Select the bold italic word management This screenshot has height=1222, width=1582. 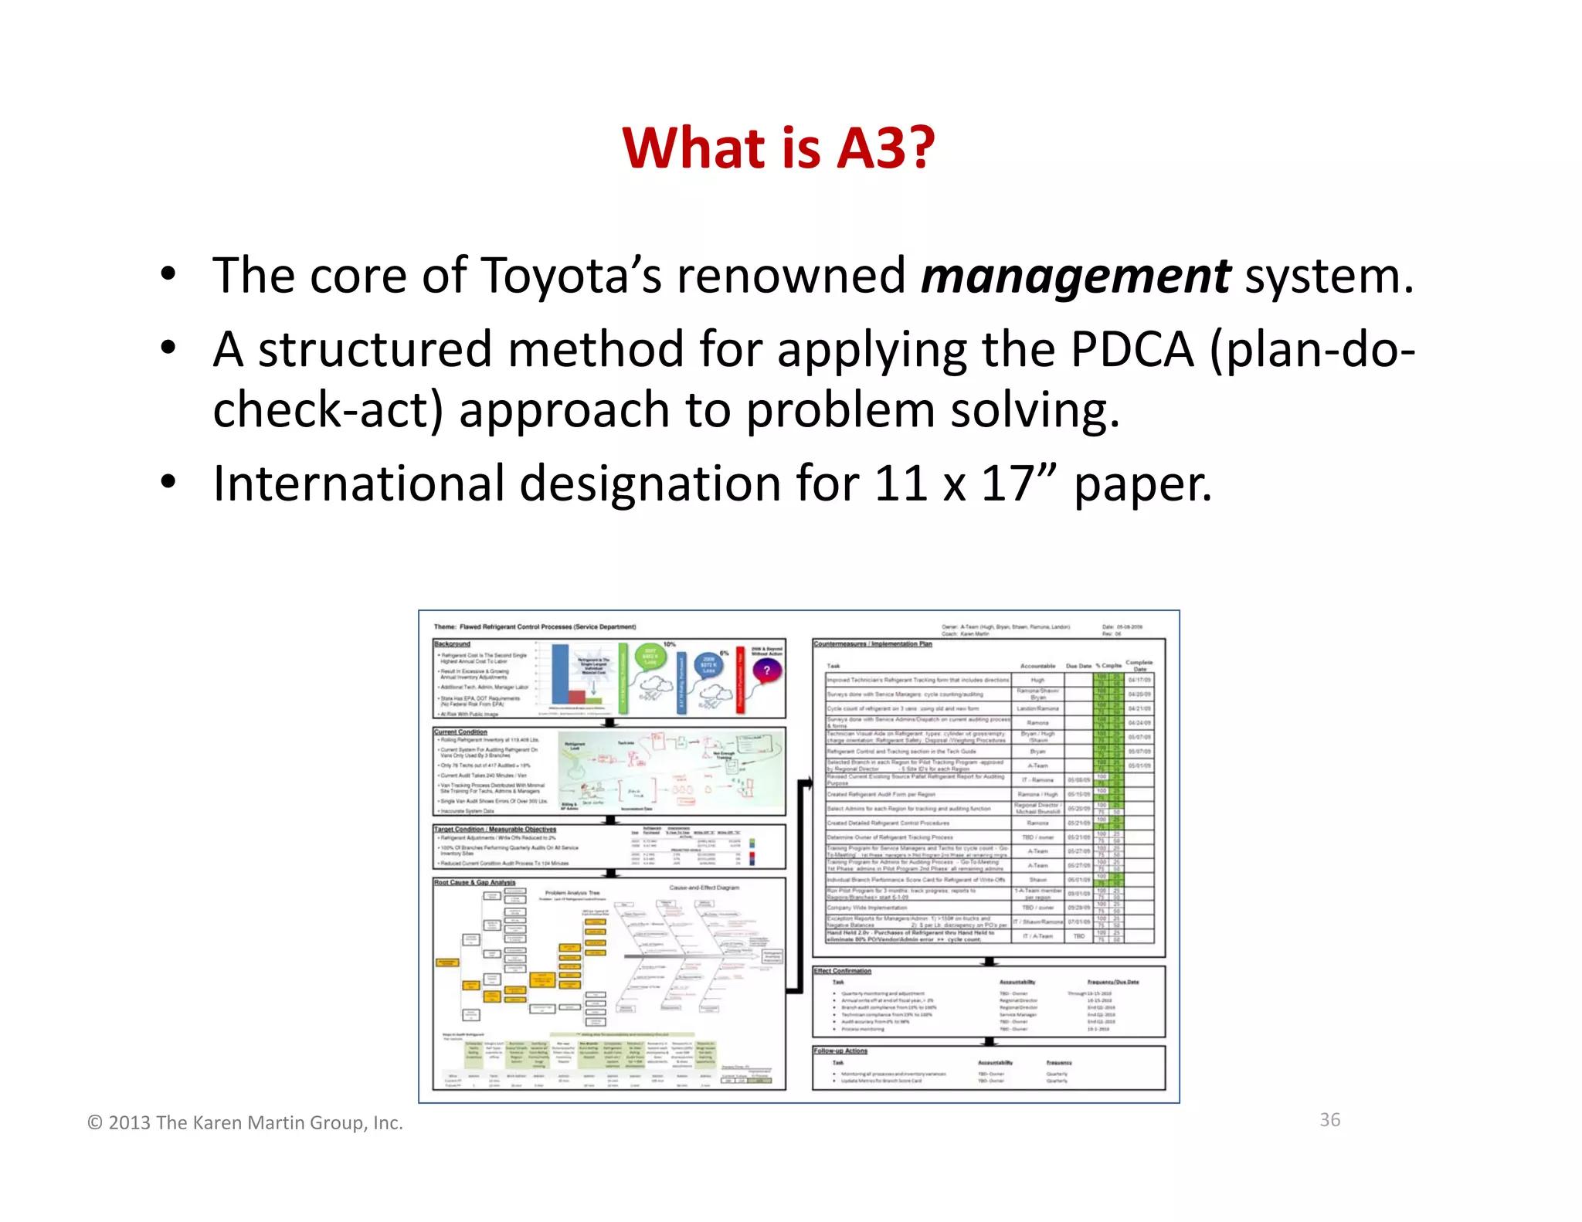(x=1075, y=276)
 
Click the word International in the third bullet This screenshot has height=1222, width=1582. (x=358, y=484)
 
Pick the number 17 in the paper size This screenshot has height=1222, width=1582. (x=1007, y=484)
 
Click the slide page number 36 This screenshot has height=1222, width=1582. (x=1329, y=1120)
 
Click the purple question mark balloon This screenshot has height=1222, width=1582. (x=766, y=670)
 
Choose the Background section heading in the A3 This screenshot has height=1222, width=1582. (x=452, y=643)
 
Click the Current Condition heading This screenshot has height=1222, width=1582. (x=460, y=732)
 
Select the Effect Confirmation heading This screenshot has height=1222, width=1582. (x=842, y=971)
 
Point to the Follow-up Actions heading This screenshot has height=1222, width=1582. (x=840, y=1051)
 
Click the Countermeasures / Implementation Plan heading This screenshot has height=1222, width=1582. (x=873, y=643)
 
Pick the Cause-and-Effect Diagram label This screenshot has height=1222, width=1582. (x=704, y=888)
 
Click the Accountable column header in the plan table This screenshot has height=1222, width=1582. (x=1037, y=665)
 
